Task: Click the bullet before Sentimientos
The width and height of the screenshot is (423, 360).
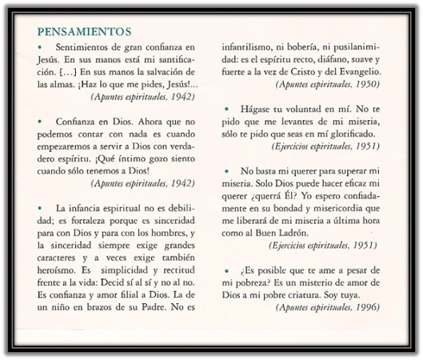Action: tap(41, 48)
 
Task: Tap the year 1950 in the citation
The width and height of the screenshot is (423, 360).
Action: tap(367, 83)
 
